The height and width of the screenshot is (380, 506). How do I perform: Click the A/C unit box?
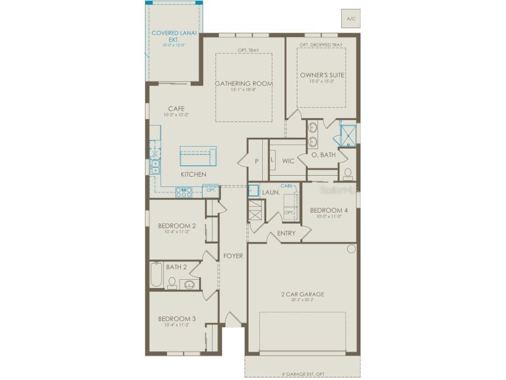click(351, 18)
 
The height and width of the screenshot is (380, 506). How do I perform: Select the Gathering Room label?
click(244, 83)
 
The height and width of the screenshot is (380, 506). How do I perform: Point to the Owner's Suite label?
click(322, 75)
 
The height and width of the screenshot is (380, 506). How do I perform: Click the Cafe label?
click(176, 109)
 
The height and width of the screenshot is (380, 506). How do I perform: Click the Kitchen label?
click(193, 175)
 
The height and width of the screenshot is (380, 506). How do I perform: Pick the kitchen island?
click(198, 155)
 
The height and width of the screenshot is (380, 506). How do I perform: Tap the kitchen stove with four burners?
click(184, 192)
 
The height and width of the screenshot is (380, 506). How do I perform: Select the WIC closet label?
click(288, 161)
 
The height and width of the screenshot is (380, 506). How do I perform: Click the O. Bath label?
click(323, 154)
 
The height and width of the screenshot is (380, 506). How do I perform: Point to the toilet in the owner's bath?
click(348, 172)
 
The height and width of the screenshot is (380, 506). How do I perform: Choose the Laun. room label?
click(271, 192)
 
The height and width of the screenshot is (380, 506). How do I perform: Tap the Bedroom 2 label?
click(177, 226)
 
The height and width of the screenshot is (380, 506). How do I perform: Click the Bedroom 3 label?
click(177, 319)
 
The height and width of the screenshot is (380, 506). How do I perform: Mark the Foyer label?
click(233, 256)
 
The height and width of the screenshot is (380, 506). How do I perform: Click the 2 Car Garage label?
click(302, 294)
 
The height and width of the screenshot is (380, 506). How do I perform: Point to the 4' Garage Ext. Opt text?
click(302, 374)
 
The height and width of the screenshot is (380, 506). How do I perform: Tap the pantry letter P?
click(256, 161)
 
